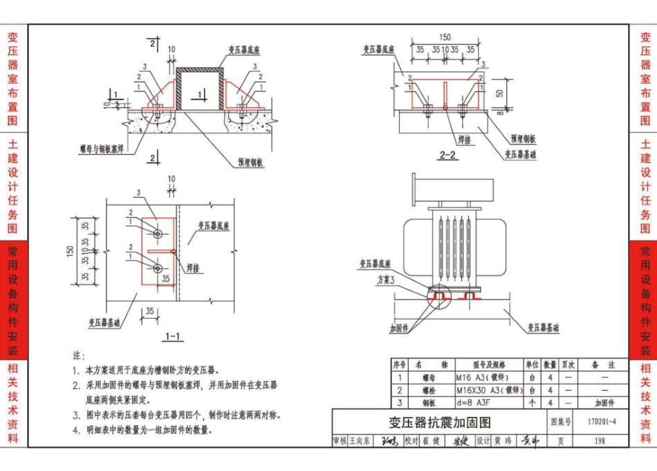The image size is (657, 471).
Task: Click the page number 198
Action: tap(599, 441)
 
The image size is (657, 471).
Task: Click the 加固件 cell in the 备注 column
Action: tap(604, 402)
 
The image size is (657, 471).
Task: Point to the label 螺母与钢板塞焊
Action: tap(102, 147)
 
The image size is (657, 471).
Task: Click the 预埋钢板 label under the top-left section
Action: tap(250, 163)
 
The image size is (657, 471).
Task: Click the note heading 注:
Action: tap(78, 355)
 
